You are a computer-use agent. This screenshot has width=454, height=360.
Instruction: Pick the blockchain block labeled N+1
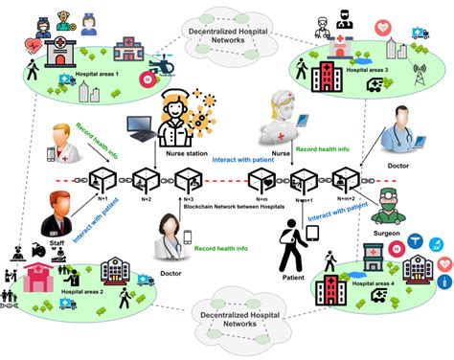101,178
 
